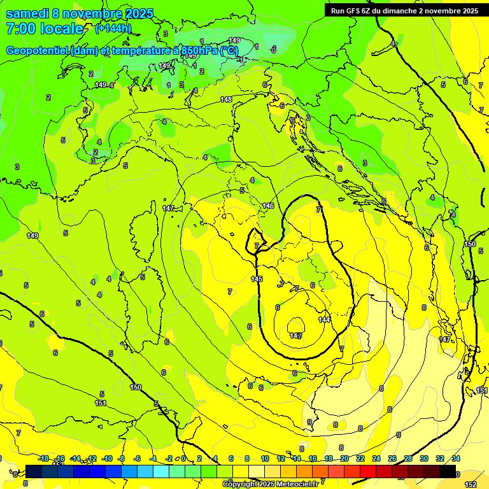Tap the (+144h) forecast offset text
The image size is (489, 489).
pyautogui.click(x=113, y=28)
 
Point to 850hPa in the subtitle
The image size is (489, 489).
pyautogui.click(x=201, y=50)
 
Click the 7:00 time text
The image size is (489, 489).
pyautogui.click(x=21, y=29)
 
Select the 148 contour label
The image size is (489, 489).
pyautogui.click(x=226, y=99)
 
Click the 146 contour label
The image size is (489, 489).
pyautogui.click(x=268, y=206)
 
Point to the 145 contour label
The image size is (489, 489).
pyautogui.click(x=257, y=280)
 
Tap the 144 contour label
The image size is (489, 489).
pyautogui.click(x=324, y=320)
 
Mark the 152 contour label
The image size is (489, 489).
pyautogui.click(x=471, y=485)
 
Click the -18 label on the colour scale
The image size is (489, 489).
pyautogui.click(x=43, y=458)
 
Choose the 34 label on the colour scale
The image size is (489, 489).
pyautogui.click(x=456, y=458)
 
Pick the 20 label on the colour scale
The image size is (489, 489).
pyautogui.click(x=344, y=458)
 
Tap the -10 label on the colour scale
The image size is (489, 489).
pyautogui.click(x=107, y=458)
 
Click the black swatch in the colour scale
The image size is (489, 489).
pyautogui.click(x=448, y=471)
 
